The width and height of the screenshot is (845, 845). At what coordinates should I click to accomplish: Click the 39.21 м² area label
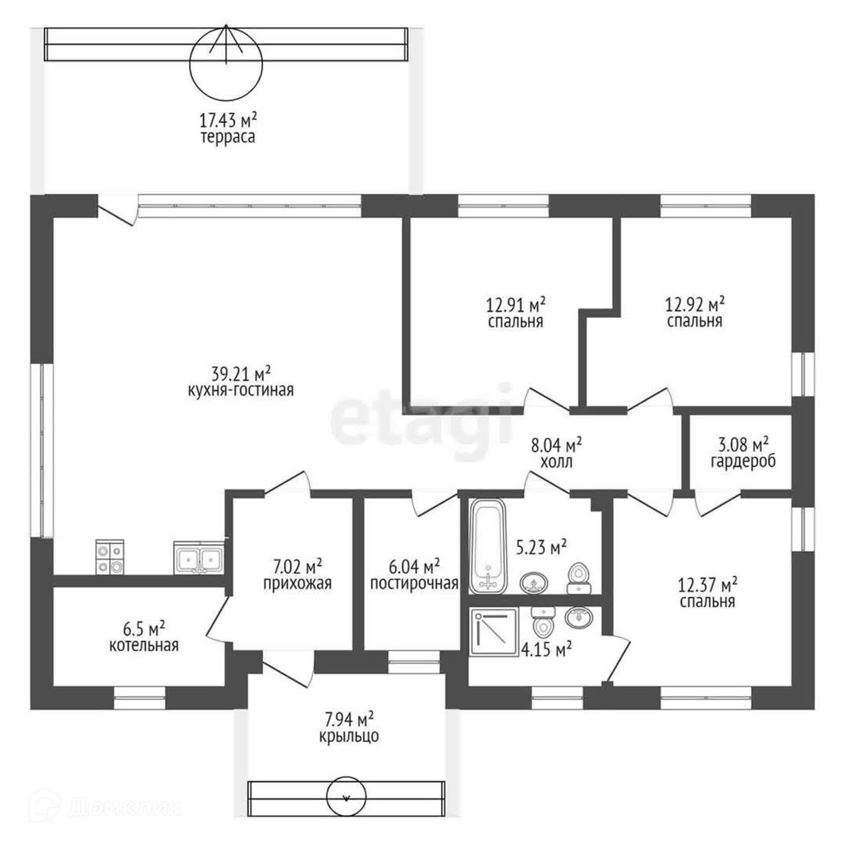point(240,375)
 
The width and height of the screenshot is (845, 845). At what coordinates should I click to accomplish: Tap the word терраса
point(228,137)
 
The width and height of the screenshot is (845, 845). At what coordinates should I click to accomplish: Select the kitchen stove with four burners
point(110,557)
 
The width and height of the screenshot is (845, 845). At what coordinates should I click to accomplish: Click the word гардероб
point(743,463)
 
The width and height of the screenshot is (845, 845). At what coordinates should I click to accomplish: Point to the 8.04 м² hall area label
point(557,445)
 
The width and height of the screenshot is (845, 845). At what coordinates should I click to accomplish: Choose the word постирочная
point(414,584)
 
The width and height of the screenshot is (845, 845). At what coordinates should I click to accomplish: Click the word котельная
point(144,645)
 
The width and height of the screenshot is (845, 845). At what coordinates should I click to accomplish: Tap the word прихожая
point(297,584)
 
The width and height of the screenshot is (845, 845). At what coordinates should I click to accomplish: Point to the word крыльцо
point(349,736)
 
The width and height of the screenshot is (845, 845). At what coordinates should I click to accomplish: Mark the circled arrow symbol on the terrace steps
point(226,62)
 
